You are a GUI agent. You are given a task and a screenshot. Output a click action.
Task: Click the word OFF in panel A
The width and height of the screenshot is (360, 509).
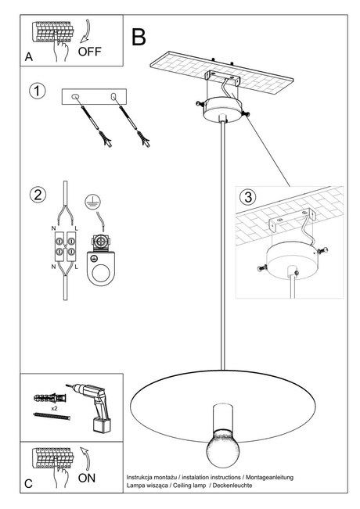click(x=91, y=52)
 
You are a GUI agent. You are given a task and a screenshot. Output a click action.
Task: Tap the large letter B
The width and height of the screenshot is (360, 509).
click(x=139, y=36)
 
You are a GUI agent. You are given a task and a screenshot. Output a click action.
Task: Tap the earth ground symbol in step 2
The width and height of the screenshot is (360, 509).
click(x=95, y=200)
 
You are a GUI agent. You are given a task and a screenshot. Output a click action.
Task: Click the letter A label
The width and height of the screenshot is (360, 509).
click(x=28, y=57)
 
